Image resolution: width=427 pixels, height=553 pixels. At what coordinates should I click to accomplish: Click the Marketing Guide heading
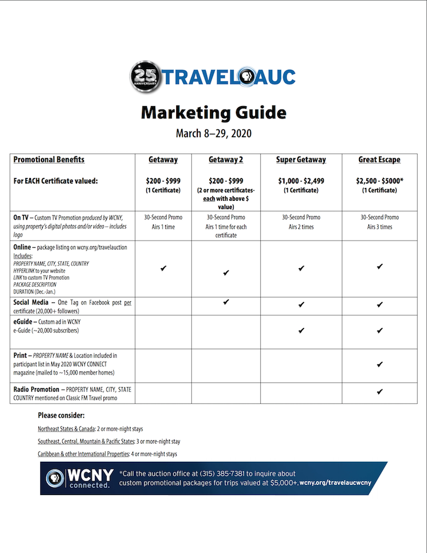[214, 112]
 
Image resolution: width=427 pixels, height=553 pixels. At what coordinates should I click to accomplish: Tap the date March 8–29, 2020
[213, 133]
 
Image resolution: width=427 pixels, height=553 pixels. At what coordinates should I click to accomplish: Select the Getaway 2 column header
[226, 160]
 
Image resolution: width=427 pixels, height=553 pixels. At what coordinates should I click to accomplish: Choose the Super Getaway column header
[301, 160]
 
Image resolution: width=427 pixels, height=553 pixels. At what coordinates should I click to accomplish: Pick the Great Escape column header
[379, 160]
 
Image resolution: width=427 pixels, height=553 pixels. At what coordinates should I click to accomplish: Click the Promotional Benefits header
[49, 160]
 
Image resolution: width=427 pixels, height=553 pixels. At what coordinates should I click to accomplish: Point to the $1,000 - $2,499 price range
[301, 181]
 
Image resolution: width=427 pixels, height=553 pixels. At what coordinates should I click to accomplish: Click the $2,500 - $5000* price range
[379, 181]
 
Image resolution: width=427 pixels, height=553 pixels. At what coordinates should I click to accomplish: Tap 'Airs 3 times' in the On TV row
[379, 227]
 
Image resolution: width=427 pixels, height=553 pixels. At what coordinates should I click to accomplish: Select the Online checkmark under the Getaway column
[164, 268]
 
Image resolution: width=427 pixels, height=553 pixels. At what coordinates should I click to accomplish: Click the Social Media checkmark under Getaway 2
[226, 302]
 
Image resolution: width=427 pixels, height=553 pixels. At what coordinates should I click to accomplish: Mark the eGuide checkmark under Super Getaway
[301, 331]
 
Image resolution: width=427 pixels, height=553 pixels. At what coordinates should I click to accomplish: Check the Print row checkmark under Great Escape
[379, 364]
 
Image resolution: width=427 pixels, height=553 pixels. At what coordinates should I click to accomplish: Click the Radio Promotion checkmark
[379, 392]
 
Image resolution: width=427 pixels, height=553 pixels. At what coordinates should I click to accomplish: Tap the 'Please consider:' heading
[61, 415]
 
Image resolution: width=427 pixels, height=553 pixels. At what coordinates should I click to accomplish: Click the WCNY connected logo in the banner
[80, 478]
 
